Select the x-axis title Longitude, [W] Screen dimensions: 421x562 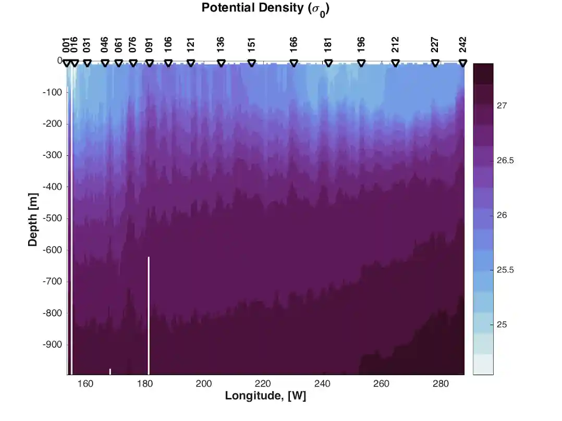[265, 395]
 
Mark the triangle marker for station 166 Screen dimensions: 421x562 [294, 63]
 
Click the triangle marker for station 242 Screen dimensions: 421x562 [462, 63]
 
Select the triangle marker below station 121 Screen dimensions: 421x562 [191, 63]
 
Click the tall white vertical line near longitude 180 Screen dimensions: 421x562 [149, 315]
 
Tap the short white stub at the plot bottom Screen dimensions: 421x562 [110, 371]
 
